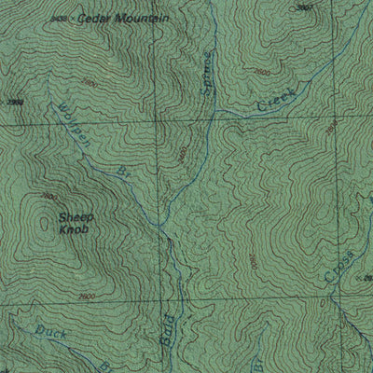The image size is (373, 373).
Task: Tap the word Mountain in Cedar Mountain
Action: click(x=141, y=19)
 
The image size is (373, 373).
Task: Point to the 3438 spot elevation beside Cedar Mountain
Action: click(x=63, y=18)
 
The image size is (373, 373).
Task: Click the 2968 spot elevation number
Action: click(x=13, y=102)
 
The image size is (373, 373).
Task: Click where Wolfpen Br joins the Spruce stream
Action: click(x=160, y=227)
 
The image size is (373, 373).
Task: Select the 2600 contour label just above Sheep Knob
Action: click(x=48, y=198)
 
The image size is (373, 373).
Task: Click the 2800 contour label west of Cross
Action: click(x=252, y=260)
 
